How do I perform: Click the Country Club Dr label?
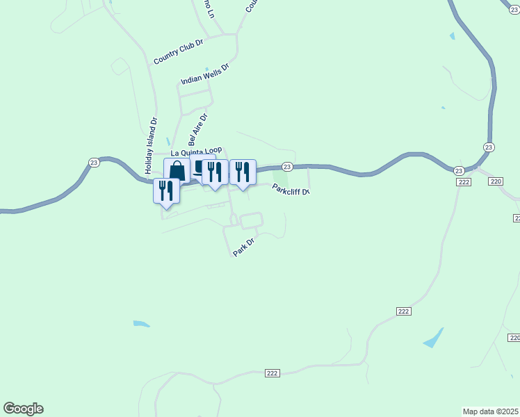coord(178,51)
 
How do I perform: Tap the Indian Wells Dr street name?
coord(204,72)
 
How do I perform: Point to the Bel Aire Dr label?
coord(198,129)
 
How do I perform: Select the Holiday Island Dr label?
coord(151,146)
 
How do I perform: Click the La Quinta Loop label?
coord(196,152)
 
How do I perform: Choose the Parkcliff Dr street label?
coord(291,189)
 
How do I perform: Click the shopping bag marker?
coord(177,170)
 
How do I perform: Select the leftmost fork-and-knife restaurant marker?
coord(166,190)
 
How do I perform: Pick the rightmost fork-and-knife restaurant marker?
coord(243,172)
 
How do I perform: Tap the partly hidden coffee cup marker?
coord(198,167)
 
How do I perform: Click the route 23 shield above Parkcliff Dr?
coord(286,167)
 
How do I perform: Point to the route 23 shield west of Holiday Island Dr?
coord(94,162)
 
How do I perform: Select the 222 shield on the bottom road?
coord(272,373)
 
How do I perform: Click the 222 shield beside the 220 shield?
coord(464,181)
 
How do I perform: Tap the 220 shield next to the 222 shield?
coord(495,181)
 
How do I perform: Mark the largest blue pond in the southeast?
coord(433,338)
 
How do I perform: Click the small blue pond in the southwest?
coord(141,323)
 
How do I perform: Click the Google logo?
coord(23,409)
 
